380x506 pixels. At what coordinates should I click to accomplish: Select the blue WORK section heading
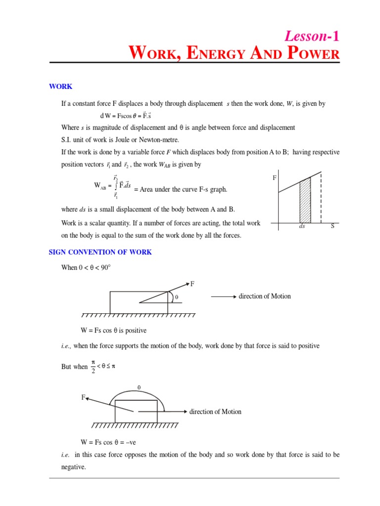tap(60, 86)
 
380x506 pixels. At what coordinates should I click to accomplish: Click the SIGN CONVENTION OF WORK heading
tap(100, 252)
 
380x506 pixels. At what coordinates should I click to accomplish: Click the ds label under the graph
tap(302, 226)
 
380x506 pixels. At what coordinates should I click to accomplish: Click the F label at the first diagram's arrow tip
tap(192, 284)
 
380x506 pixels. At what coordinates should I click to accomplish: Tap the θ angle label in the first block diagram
tap(176, 297)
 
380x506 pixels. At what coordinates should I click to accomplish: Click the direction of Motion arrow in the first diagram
tap(223, 296)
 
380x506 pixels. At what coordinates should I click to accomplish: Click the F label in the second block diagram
tap(83, 397)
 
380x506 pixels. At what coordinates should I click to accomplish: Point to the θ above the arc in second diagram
tap(139, 388)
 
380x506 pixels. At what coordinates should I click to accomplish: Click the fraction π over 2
tap(94, 367)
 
